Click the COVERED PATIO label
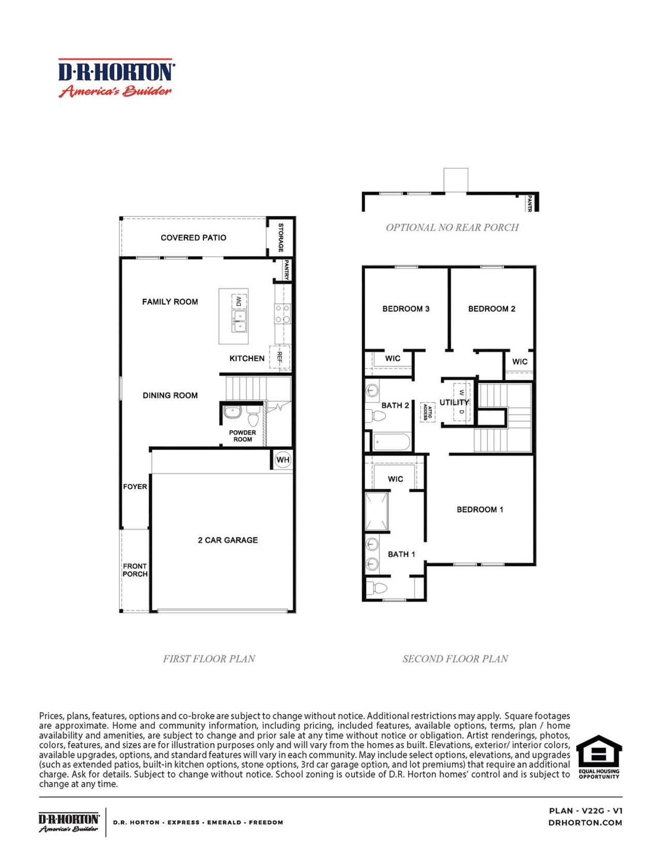[193, 238]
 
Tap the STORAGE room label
[281, 237]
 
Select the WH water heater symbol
[283, 460]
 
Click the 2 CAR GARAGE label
[228, 540]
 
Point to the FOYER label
[135, 486]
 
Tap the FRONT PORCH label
[135, 570]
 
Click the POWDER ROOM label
[242, 436]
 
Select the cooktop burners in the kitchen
[282, 314]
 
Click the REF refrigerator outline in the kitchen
[280, 357]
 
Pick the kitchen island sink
[239, 320]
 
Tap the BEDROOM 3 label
[405, 309]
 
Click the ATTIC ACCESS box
[428, 412]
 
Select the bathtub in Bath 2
[391, 442]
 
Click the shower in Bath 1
[376, 512]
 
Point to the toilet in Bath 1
[376, 588]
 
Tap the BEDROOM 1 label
[480, 510]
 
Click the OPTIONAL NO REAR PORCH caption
[452, 227]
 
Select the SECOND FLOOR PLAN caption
[455, 659]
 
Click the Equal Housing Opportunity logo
[599, 757]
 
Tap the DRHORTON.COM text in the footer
[585, 822]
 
